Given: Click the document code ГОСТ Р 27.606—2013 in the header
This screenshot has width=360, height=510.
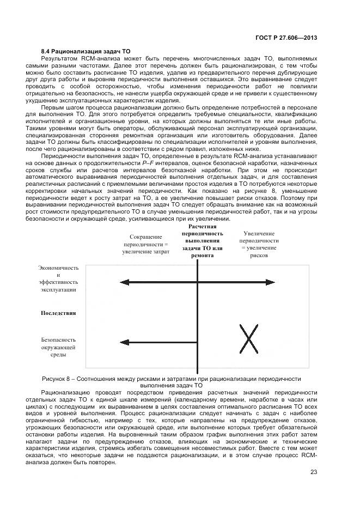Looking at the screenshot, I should (x=286, y=38).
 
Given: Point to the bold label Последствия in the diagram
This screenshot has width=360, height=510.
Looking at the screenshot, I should (x=58, y=313).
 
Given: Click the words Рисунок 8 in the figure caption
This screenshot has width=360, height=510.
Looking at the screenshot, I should (x=57, y=379).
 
